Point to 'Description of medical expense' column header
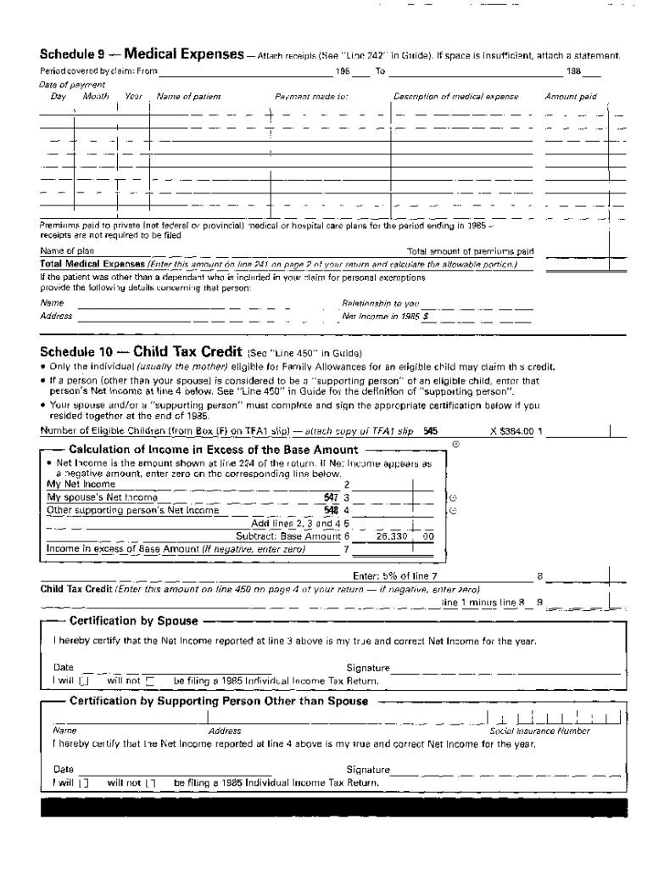[456, 97]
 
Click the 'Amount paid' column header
[570, 97]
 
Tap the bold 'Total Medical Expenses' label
[93, 264]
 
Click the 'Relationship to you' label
[381, 303]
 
